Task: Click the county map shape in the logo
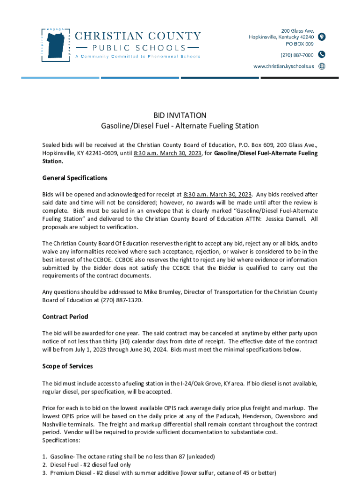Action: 54,43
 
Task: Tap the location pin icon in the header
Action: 322,37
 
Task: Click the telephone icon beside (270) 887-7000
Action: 322,55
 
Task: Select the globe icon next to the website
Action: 322,66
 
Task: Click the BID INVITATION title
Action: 180,115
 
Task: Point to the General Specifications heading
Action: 75,178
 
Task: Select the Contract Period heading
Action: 65,317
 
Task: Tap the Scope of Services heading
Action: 67,366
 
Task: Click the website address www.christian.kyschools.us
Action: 284,66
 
